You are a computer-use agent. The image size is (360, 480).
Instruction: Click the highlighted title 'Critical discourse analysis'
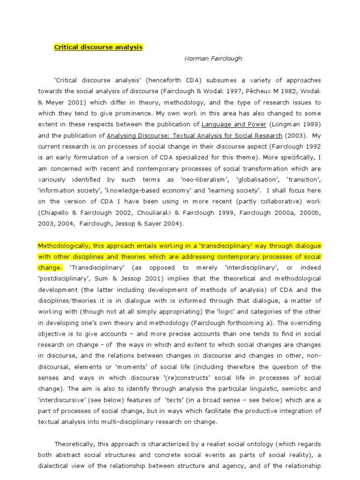(x=98, y=47)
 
